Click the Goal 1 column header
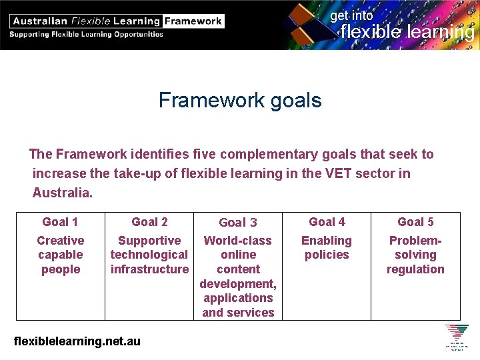point(60,222)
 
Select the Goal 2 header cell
point(149,222)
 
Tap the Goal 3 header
point(238,223)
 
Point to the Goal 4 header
point(327,222)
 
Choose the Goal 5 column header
point(415,222)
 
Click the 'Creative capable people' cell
point(60,255)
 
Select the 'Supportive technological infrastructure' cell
point(149,255)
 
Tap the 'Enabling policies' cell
point(327,247)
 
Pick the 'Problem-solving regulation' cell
point(415,255)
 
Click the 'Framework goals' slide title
point(240,101)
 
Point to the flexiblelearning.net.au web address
point(77,341)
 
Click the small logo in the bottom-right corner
point(457,337)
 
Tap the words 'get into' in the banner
point(352,15)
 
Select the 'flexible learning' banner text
point(407,31)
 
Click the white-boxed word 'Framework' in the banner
point(193,21)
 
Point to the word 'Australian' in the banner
point(39,21)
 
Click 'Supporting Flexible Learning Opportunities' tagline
point(87,34)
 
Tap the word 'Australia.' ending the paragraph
point(63,193)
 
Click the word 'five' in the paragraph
point(201,154)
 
